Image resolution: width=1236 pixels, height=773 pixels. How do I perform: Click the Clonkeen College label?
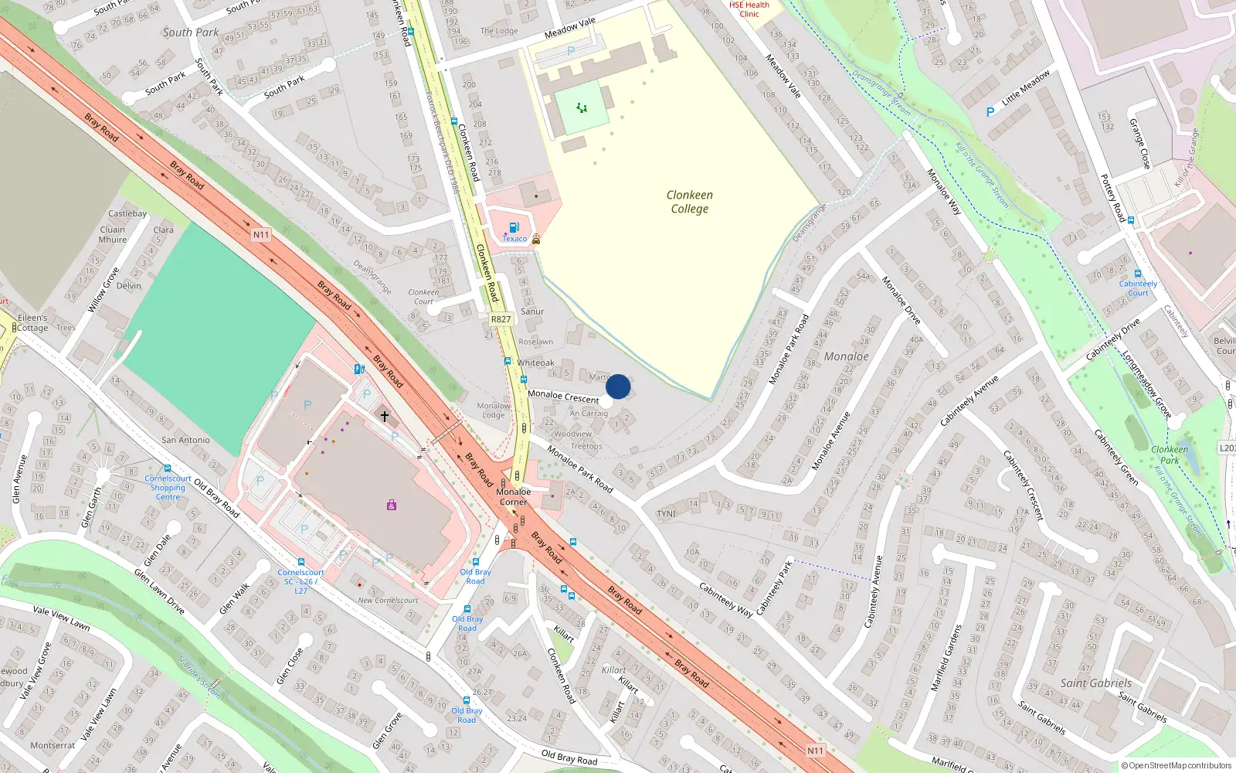690,202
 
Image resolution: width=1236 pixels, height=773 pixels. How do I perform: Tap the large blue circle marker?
618,386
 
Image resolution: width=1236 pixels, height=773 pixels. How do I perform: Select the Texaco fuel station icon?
514,227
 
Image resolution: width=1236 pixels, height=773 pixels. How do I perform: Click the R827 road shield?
501,318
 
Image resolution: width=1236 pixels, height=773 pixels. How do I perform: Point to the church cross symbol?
385,416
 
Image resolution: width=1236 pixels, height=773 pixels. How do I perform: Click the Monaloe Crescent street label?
563,397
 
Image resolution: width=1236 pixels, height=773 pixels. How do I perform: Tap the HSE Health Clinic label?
749,9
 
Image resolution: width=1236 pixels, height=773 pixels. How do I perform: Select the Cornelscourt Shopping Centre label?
168,488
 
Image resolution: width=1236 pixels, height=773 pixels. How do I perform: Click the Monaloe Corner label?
513,496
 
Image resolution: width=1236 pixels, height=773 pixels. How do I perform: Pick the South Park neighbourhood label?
191,32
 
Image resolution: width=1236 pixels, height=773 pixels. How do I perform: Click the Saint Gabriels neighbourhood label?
1095,683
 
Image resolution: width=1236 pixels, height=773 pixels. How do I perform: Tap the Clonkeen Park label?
1170,455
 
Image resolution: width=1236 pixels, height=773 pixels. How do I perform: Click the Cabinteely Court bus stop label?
1138,288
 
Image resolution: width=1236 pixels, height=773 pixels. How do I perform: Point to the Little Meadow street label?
1026,88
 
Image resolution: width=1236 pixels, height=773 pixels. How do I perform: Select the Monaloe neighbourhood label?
846,356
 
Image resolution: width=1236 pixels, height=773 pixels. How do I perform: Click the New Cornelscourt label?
388,600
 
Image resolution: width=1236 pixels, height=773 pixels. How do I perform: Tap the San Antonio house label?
185,440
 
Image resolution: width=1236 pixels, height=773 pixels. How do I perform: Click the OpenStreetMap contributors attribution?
1177,765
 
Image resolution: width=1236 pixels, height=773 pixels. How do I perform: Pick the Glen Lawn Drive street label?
159,591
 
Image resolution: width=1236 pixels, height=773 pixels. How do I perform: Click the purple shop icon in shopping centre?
392,506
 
